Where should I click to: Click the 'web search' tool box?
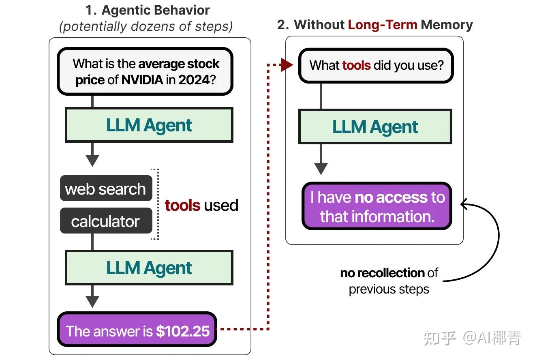(x=105, y=189)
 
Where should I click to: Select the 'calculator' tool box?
(x=105, y=221)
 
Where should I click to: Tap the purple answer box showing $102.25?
(x=137, y=331)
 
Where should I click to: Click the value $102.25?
(x=183, y=331)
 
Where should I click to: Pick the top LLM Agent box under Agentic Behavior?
(x=149, y=125)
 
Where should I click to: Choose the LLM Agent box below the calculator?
(x=149, y=268)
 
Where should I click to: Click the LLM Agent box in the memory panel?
(x=375, y=127)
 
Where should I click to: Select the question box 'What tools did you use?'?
(x=376, y=65)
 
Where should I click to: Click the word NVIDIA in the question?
(x=142, y=79)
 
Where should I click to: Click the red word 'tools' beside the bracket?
(x=182, y=206)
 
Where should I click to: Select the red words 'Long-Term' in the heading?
(x=383, y=25)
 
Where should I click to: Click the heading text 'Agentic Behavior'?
(x=156, y=10)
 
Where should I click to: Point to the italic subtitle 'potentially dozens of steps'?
(x=146, y=26)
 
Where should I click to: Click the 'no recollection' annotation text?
(x=383, y=273)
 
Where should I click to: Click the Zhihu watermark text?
(x=472, y=338)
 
